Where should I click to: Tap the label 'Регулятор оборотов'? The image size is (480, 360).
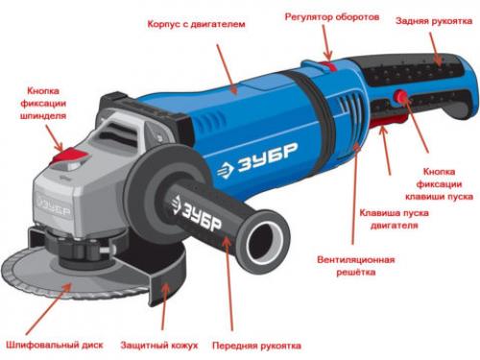click(331, 17)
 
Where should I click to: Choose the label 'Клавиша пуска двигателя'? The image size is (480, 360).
click(388, 217)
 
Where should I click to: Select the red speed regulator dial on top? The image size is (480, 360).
click(325, 65)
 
